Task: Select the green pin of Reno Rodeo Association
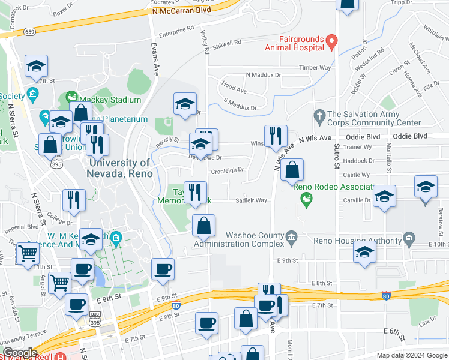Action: pyautogui.click(x=307, y=199)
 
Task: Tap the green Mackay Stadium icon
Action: pyautogui.click(x=71, y=97)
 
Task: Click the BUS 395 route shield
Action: pyautogui.click(x=95, y=319)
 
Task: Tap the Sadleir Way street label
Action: pyautogui.click(x=251, y=201)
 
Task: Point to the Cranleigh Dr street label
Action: pyautogui.click(x=227, y=170)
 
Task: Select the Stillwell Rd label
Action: pyautogui.click(x=226, y=43)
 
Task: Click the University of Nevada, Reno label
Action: pyautogui.click(x=120, y=168)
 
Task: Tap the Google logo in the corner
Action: pyautogui.click(x=20, y=352)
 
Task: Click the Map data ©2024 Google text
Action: pyautogui.click(x=411, y=355)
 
